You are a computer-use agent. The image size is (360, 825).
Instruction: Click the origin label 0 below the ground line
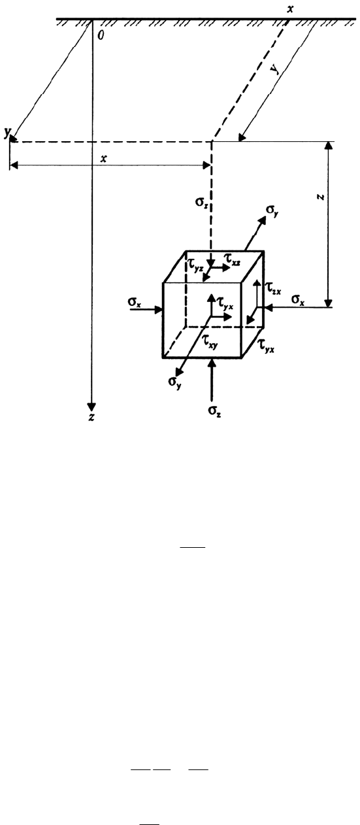click(101, 35)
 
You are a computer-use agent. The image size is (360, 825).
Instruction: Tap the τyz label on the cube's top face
click(195, 264)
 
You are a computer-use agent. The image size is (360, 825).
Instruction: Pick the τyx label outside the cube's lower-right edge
click(266, 346)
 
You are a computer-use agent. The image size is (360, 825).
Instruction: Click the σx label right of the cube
click(298, 299)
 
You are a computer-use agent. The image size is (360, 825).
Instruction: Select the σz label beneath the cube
click(214, 411)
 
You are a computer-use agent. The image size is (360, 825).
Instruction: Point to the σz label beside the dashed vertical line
click(202, 202)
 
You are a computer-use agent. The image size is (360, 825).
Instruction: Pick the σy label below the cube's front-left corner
click(175, 382)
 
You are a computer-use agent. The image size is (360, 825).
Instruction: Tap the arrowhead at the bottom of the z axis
click(91, 407)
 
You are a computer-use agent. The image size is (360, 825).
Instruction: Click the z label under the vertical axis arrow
click(91, 416)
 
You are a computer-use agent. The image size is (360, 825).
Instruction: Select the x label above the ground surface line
click(291, 9)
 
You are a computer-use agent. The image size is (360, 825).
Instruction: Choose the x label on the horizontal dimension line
click(104, 158)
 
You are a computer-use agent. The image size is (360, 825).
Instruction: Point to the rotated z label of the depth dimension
click(321, 197)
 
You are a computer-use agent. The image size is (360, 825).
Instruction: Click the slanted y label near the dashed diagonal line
click(274, 69)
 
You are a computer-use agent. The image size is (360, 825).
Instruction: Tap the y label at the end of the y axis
click(7, 132)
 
